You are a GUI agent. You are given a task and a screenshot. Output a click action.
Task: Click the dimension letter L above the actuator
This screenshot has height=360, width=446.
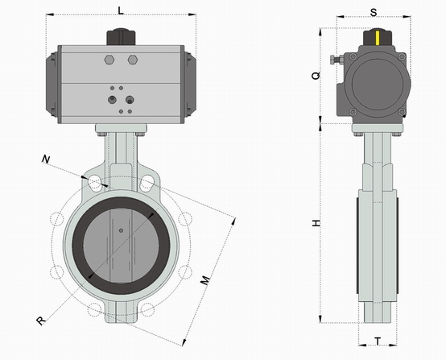[x=122, y=10]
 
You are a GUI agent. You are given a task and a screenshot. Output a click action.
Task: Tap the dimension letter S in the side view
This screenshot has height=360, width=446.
[x=374, y=12]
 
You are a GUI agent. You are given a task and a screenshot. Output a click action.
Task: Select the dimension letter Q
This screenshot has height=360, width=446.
[x=316, y=76]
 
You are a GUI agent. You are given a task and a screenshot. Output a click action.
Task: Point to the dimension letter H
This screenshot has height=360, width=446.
[x=316, y=223]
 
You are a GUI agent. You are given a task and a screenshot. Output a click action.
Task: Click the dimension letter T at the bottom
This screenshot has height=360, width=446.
[x=378, y=341]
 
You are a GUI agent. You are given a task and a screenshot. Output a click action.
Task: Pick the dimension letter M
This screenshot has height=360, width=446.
[x=205, y=280]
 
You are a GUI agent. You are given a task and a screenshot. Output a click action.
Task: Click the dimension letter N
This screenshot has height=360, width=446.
[x=46, y=159]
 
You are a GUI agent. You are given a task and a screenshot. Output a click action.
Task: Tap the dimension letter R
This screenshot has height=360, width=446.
[x=41, y=321]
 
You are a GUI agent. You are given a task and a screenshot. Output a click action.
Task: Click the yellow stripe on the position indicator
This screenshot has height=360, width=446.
[x=378, y=38]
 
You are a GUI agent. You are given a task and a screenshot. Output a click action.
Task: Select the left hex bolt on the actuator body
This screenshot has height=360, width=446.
[x=109, y=60]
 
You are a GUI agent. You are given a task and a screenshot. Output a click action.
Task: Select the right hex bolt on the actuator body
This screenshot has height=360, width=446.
[x=133, y=60]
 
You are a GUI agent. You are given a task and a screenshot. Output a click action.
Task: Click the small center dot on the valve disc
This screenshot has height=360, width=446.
[x=121, y=230]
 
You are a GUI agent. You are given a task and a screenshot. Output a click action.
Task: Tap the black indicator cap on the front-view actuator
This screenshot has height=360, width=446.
[x=122, y=37]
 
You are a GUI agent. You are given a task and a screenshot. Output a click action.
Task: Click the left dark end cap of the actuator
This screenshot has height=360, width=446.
[x=52, y=85]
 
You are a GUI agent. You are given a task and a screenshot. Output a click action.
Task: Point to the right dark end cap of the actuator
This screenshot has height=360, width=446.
[x=190, y=85]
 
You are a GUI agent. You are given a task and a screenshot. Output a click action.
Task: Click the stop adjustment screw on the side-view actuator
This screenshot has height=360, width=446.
[x=337, y=60]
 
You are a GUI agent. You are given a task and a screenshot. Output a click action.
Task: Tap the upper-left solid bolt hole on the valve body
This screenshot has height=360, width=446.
[x=94, y=183]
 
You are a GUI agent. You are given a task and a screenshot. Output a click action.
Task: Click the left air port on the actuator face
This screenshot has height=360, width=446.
[x=112, y=100]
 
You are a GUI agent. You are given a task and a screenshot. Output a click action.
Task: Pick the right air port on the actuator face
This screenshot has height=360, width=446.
[x=130, y=100]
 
